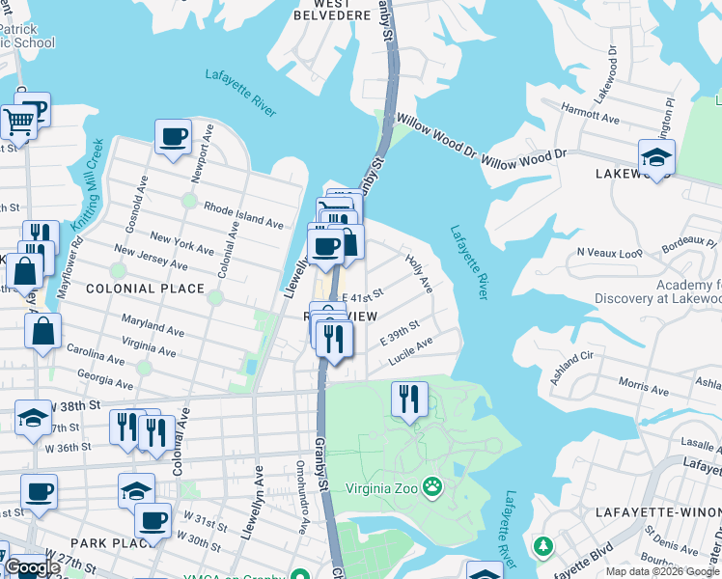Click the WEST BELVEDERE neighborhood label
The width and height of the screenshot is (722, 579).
(x=319, y=9)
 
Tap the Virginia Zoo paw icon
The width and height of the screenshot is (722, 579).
(x=434, y=487)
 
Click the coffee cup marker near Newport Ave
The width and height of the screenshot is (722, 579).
(x=173, y=137)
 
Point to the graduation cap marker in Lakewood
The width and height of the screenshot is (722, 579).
(x=656, y=156)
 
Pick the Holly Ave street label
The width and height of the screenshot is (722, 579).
(x=419, y=273)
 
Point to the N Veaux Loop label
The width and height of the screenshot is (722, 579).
(x=609, y=252)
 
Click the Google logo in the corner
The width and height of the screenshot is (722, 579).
(x=32, y=567)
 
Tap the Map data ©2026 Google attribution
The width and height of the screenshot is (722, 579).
(x=662, y=571)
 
